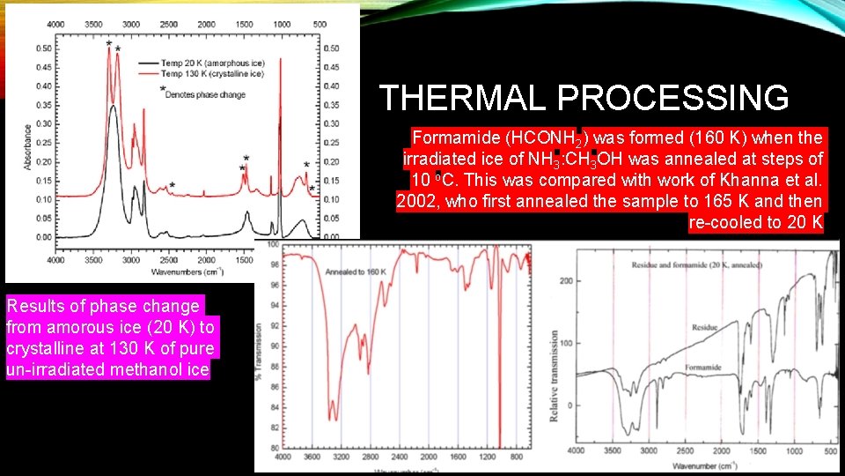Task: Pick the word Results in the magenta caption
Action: point(34,306)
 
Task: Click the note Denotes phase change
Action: point(204,93)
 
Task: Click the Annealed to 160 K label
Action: point(356,271)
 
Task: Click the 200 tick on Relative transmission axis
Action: point(567,281)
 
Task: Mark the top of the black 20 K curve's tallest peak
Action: point(113,107)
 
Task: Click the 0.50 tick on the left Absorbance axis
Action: point(43,48)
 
